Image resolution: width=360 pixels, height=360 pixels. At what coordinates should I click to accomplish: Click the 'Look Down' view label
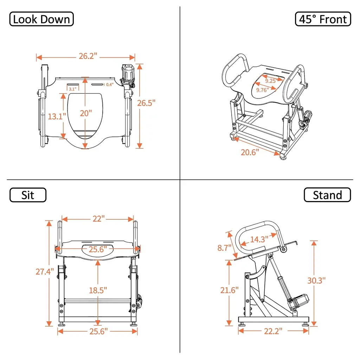[x=41, y=19]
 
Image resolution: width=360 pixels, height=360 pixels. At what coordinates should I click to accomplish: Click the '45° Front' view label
[x=323, y=19]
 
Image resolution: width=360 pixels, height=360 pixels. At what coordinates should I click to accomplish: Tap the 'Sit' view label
[x=28, y=195]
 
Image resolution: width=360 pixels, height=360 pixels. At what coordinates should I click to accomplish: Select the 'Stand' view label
[x=327, y=195]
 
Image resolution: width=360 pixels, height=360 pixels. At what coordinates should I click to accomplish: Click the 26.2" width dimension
[x=88, y=56]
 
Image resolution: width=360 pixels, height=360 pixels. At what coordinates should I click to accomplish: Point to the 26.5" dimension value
[x=146, y=103]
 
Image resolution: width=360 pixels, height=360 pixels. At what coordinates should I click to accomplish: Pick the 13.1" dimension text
[x=57, y=116]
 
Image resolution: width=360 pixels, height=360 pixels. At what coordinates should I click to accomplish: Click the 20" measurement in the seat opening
[x=86, y=113]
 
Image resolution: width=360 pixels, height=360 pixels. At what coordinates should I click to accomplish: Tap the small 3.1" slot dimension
[x=72, y=89]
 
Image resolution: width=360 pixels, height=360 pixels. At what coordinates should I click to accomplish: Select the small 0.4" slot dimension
[x=110, y=85]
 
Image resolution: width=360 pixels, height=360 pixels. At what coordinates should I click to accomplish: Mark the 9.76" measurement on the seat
[x=262, y=90]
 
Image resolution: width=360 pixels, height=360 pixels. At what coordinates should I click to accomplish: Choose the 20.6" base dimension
[x=250, y=152]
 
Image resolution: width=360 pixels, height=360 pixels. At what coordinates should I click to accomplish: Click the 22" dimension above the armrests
[x=99, y=219]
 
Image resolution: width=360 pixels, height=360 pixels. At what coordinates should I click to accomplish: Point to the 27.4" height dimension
[x=45, y=272]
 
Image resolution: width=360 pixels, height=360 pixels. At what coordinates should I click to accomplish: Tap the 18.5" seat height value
[x=98, y=290]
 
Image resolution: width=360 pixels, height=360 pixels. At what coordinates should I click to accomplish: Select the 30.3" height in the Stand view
[x=316, y=280]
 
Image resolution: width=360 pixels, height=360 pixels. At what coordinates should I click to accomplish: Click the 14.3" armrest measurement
[x=259, y=239]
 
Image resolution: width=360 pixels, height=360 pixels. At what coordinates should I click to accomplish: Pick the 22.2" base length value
[x=273, y=331]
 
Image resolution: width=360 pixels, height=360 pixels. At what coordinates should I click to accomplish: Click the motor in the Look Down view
[x=128, y=73]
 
